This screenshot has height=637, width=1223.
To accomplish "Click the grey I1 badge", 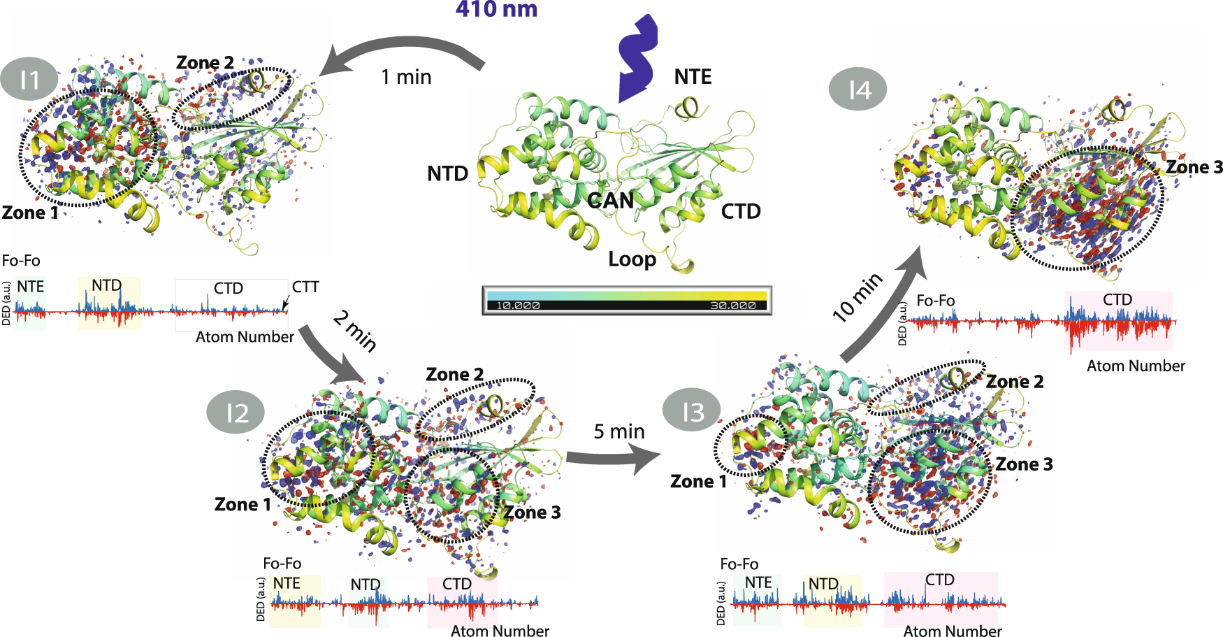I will [29, 80].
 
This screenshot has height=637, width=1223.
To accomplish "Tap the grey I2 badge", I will [236, 413].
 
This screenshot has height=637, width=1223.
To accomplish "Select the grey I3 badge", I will [692, 411].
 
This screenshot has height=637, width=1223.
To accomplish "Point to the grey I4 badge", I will [858, 90].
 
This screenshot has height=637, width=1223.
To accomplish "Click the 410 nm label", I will [496, 10].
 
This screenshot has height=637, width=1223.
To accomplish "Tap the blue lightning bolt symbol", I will [637, 58].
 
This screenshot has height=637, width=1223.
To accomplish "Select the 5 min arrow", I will [611, 458].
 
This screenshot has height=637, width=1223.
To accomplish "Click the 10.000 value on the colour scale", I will [518, 306].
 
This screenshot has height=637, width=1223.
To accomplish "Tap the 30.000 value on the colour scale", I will [732, 306].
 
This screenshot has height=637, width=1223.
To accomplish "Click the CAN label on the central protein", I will [610, 201].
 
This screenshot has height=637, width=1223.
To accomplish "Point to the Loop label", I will [632, 259].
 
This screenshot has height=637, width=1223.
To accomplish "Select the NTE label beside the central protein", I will [693, 77].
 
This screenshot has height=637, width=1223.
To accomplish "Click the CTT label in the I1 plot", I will [305, 287].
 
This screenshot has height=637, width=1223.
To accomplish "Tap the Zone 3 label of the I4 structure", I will [1194, 167].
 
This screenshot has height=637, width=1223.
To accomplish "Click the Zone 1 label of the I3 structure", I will [698, 481].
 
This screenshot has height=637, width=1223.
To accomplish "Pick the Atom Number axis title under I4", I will [1136, 366].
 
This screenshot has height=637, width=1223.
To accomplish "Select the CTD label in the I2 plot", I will [457, 584].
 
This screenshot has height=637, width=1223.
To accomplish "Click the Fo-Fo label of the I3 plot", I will [739, 564].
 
